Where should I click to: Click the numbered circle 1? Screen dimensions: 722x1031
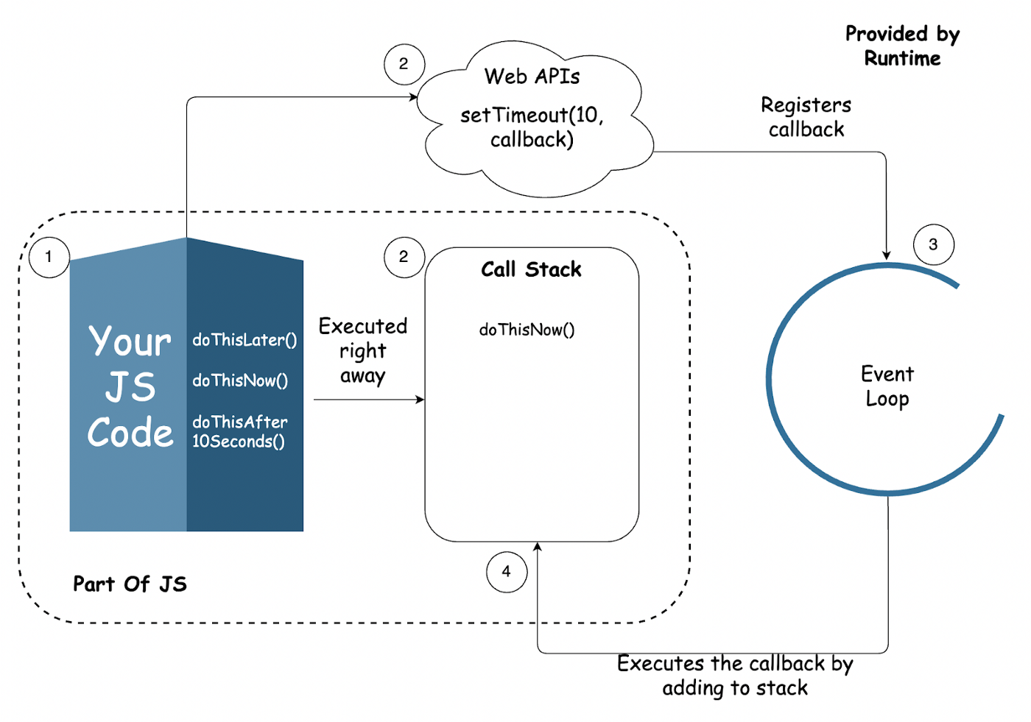point(49,257)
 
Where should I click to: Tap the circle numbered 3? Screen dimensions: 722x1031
point(933,244)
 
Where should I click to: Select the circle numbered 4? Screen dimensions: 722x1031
point(507,571)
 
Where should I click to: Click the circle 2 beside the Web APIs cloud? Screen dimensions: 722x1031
point(404,64)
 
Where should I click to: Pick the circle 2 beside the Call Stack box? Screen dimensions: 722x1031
point(404,257)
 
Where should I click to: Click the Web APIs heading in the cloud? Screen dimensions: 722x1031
point(532,77)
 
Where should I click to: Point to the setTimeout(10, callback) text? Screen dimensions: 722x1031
point(532,127)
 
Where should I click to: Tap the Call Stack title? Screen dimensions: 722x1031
point(531,269)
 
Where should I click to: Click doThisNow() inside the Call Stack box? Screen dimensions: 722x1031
point(527,330)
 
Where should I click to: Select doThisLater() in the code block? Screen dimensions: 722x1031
point(244,340)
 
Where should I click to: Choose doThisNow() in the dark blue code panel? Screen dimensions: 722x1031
point(240,381)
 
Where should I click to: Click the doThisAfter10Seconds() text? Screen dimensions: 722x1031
point(240,431)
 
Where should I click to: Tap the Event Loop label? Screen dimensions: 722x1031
point(887,386)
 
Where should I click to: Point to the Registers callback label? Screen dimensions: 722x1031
point(806,117)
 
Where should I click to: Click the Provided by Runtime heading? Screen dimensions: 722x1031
point(902,46)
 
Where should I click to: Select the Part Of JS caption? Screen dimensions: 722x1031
point(130,584)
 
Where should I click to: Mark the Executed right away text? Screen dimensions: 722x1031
point(362,351)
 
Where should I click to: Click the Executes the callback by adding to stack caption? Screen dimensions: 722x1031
point(735,676)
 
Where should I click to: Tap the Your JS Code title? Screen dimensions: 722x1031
point(130,387)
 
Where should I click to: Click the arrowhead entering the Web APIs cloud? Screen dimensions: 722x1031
point(414,97)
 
